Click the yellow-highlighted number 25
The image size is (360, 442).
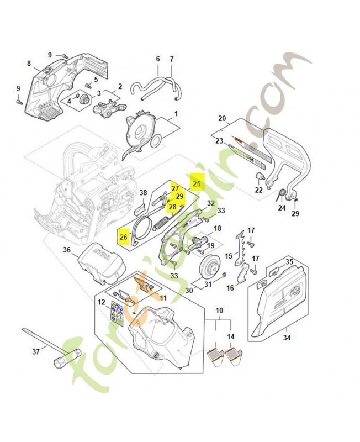tap(197, 182)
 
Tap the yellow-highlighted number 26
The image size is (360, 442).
tap(123, 238)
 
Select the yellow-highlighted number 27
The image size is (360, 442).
tap(176, 189)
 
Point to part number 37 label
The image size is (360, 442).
tap(36, 350)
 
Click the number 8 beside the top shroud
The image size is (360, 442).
tap(29, 64)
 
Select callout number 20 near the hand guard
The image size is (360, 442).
tap(222, 118)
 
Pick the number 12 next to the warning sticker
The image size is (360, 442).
tap(101, 302)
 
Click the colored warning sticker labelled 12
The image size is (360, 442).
tap(115, 313)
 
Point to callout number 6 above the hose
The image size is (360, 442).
tap(157, 59)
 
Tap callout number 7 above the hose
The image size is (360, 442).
tap(171, 59)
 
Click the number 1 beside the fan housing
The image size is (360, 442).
tap(176, 115)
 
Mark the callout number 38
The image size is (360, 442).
tap(143, 193)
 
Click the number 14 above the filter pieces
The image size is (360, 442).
tap(230, 336)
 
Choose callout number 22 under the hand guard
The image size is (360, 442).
tap(258, 190)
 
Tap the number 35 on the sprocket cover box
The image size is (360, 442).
tap(289, 262)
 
